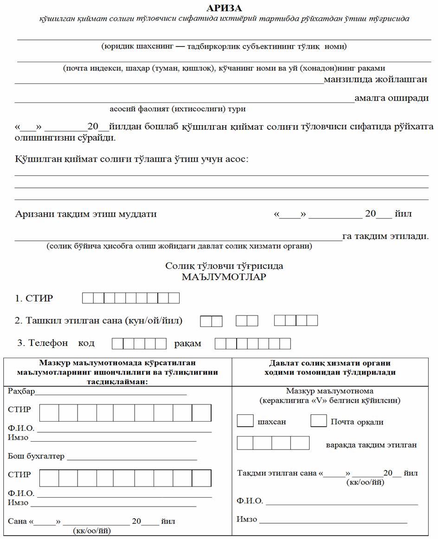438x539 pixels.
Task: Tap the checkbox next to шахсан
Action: point(245,421)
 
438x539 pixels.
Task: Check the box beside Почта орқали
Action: point(318,421)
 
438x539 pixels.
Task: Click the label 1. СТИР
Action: point(34,298)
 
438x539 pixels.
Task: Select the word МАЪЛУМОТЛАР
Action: point(224,278)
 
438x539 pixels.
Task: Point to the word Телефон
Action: point(48,343)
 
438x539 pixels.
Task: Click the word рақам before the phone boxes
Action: point(187,344)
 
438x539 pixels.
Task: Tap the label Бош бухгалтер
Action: point(36,456)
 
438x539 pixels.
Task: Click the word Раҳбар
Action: point(21,391)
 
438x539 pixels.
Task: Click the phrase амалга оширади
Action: point(391,98)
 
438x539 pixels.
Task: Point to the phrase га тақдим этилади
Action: point(385,236)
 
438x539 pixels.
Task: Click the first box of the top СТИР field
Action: point(88,298)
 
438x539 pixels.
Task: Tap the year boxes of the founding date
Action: point(296,321)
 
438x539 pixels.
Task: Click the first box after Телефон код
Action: point(118,344)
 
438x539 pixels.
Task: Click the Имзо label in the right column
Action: point(247,519)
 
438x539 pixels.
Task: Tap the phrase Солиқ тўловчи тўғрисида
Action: point(224,266)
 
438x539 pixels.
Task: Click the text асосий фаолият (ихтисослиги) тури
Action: point(178,109)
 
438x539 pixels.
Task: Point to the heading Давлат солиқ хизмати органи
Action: point(330,363)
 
